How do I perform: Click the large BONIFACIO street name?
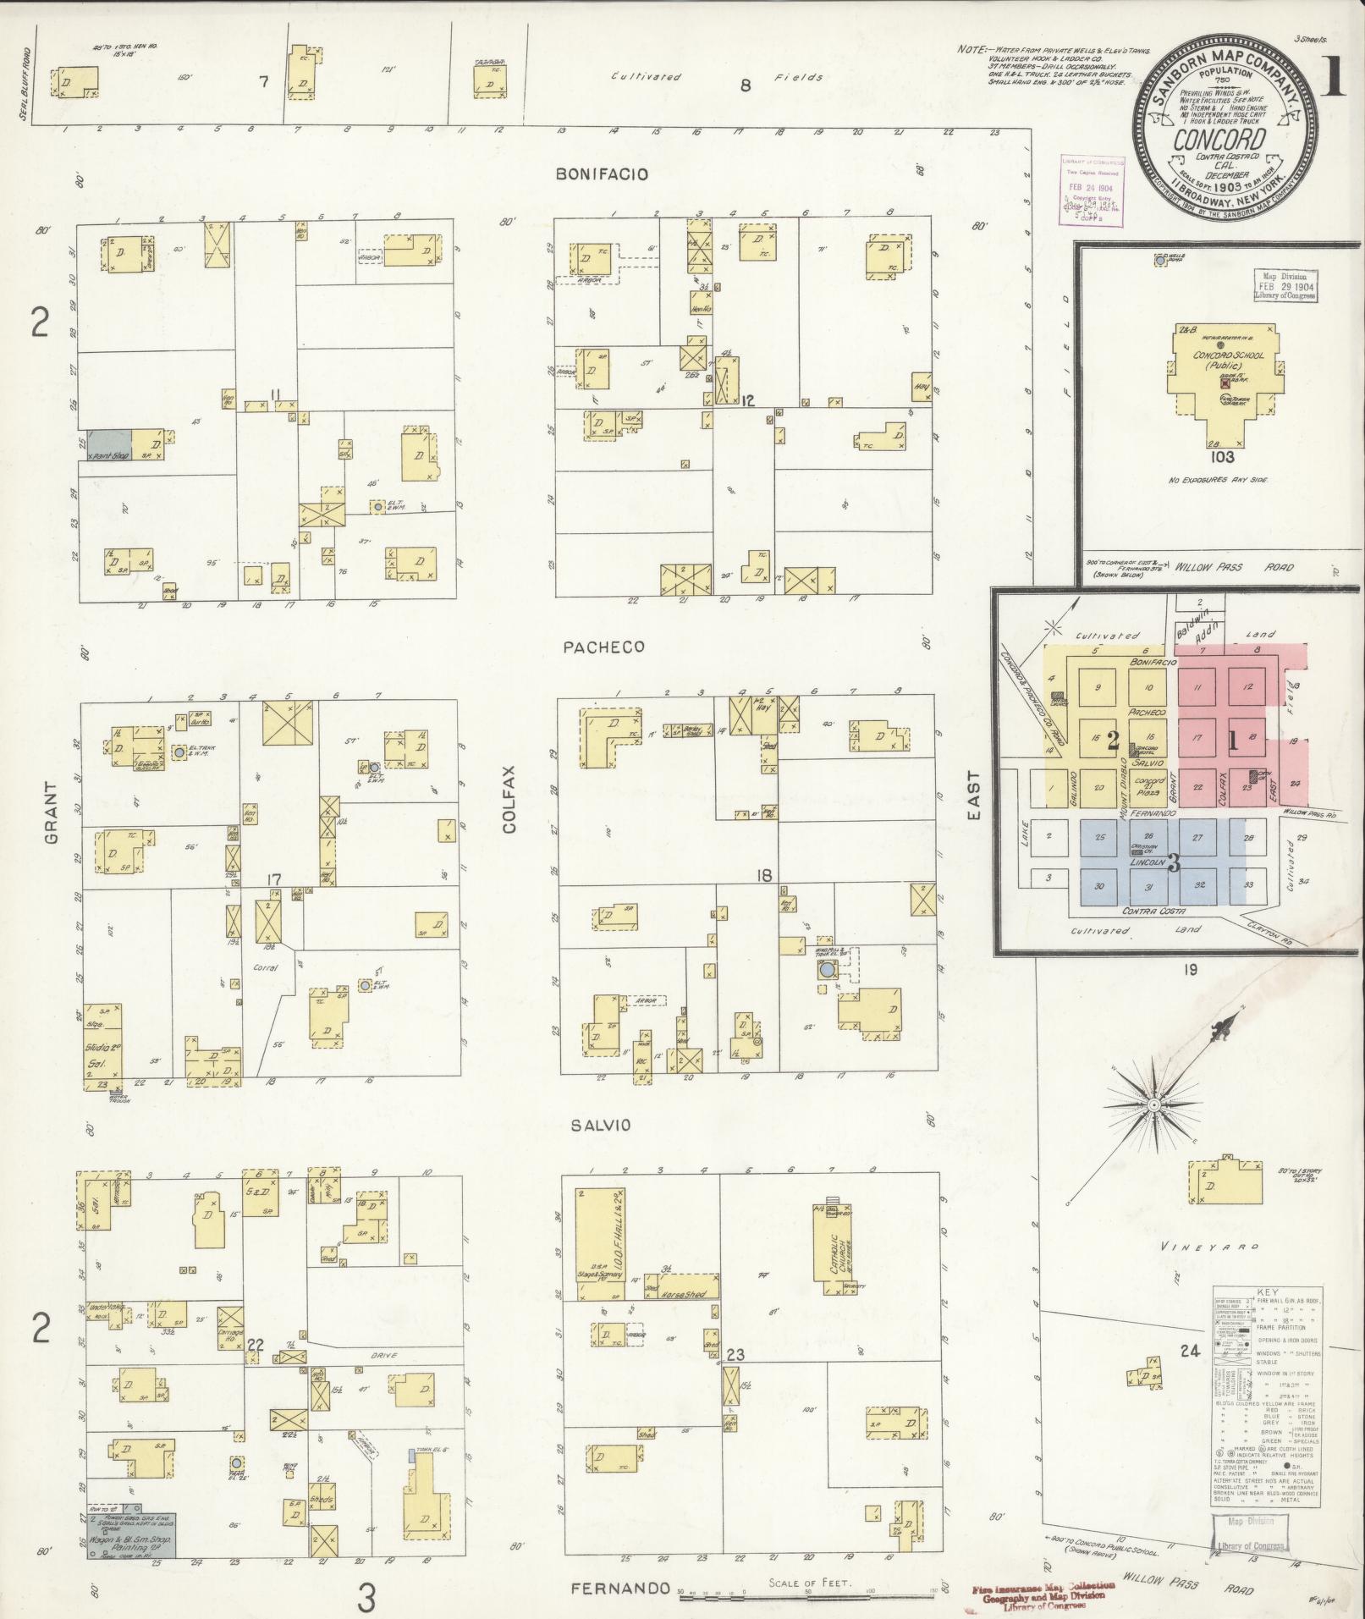click(x=602, y=174)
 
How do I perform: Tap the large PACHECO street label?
click(x=603, y=647)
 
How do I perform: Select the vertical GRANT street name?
click(x=50, y=812)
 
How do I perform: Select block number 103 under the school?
click(x=1223, y=457)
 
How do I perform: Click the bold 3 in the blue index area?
click(x=1173, y=863)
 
